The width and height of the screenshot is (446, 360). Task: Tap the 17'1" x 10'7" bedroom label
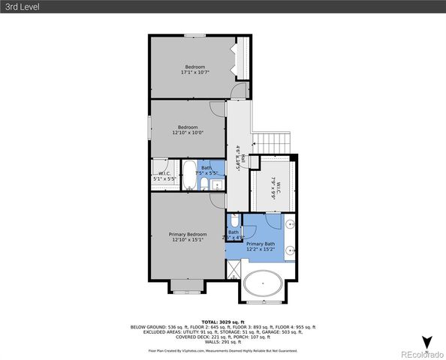click(195, 70)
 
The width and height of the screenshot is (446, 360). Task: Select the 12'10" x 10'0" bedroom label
click(188, 130)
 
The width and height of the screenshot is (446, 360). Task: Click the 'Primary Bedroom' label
click(188, 237)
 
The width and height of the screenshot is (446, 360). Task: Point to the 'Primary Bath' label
click(261, 247)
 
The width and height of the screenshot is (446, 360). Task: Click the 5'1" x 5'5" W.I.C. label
click(164, 177)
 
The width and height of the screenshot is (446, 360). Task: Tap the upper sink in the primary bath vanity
click(289, 223)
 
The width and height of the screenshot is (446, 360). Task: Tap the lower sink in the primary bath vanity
click(289, 251)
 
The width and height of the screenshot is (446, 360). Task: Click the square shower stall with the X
click(233, 270)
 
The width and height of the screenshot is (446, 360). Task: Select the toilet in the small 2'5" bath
click(234, 221)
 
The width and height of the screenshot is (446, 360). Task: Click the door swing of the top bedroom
click(238, 90)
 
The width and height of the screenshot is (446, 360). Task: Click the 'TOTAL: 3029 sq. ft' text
click(223, 321)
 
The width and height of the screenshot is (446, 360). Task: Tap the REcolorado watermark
click(421, 354)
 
